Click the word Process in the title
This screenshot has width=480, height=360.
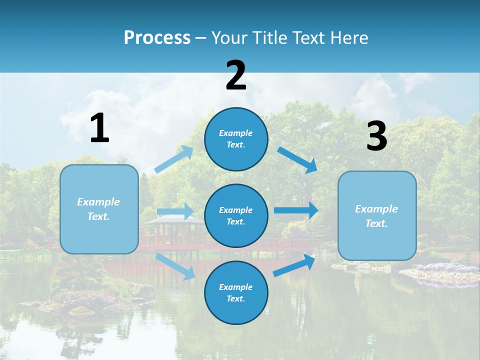click(157, 38)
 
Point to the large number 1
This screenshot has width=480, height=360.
click(99, 128)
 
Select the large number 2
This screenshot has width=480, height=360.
click(236, 75)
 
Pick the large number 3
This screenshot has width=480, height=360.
click(376, 136)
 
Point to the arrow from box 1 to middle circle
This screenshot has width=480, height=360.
click(175, 211)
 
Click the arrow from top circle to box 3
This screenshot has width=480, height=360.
click(298, 160)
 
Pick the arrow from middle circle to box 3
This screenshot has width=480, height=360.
click(296, 210)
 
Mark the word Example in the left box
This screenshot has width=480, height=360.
click(98, 202)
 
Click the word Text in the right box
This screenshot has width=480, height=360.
click(376, 223)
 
